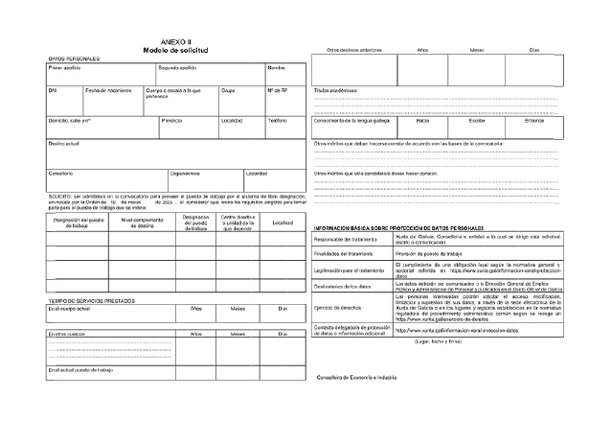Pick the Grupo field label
(228, 90)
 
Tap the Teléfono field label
(277, 120)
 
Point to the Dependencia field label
(185, 173)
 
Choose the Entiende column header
(534, 121)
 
